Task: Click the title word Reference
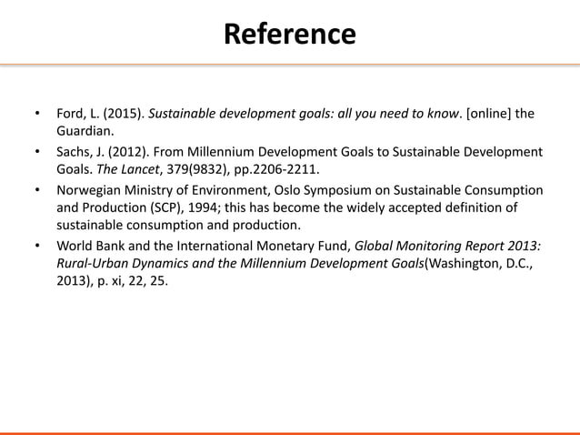point(289,34)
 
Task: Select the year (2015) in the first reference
point(123,115)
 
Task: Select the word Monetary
point(268,245)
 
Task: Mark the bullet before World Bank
point(38,245)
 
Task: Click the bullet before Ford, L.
point(38,115)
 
